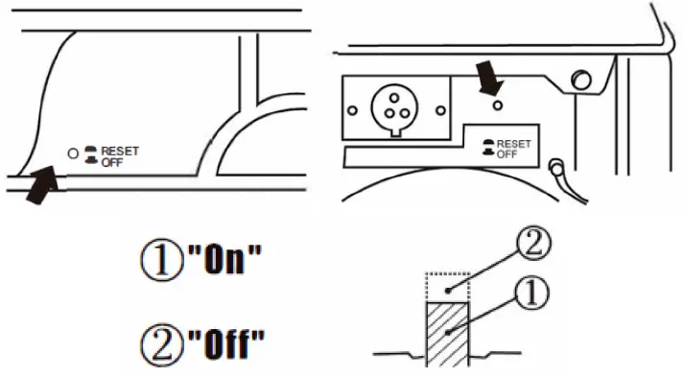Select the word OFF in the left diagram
pos(111,161)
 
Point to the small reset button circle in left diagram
pos(71,153)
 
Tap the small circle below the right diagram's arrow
pos(498,104)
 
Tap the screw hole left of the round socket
pos(354,110)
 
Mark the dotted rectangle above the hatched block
pos(447,286)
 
